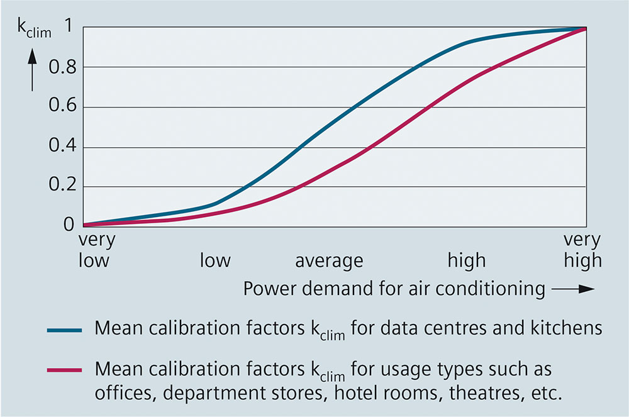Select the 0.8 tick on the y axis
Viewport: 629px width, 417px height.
[x=62, y=68]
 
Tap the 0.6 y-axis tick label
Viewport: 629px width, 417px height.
[x=62, y=108]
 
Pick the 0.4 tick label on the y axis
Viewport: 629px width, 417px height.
[x=62, y=148]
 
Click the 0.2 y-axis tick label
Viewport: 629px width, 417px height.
[x=62, y=187]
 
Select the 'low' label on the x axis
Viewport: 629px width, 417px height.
[x=215, y=260]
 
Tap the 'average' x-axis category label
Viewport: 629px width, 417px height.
[x=329, y=260]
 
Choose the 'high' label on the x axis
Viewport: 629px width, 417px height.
[x=466, y=260]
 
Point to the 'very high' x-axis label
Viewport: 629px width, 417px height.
[x=582, y=250]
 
